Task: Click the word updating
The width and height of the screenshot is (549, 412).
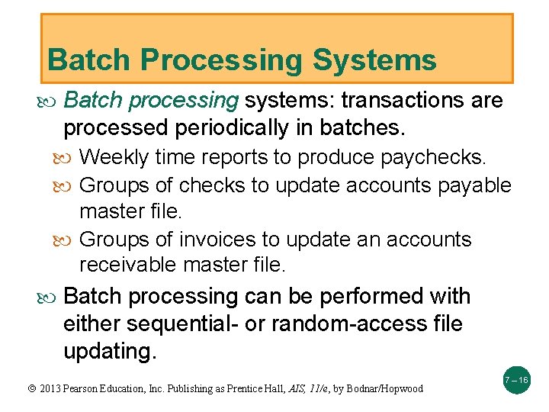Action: pyautogui.click(x=109, y=351)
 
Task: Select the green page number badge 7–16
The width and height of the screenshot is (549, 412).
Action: pyautogui.click(x=516, y=380)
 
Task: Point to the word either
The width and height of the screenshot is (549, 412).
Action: pyautogui.click(x=91, y=323)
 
